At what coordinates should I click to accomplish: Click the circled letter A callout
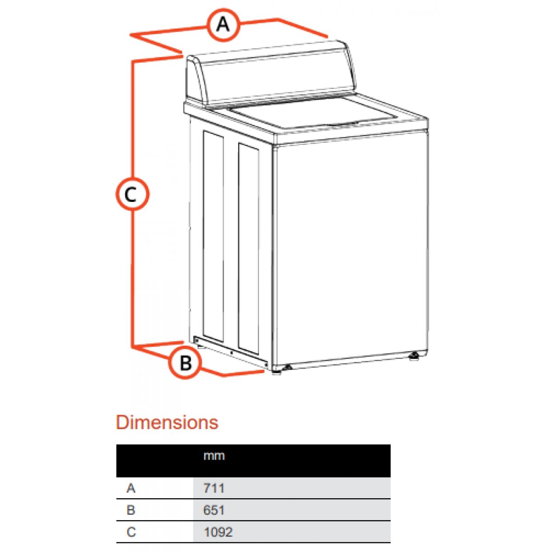coord(223,25)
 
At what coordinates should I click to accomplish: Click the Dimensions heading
coord(167,422)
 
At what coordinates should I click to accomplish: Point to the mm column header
coord(214,456)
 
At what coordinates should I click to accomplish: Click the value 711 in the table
coord(214,488)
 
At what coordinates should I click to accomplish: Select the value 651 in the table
coord(214,510)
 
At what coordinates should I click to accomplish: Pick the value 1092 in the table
coord(218,532)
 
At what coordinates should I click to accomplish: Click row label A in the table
coord(131,488)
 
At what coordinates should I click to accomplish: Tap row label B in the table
coord(131,510)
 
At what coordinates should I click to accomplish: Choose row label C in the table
coord(131,532)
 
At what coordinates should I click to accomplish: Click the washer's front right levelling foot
coord(413,356)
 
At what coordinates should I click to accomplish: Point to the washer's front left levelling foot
coord(277,372)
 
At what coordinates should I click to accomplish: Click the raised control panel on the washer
coord(270,74)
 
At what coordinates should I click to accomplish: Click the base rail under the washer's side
coord(231,352)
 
